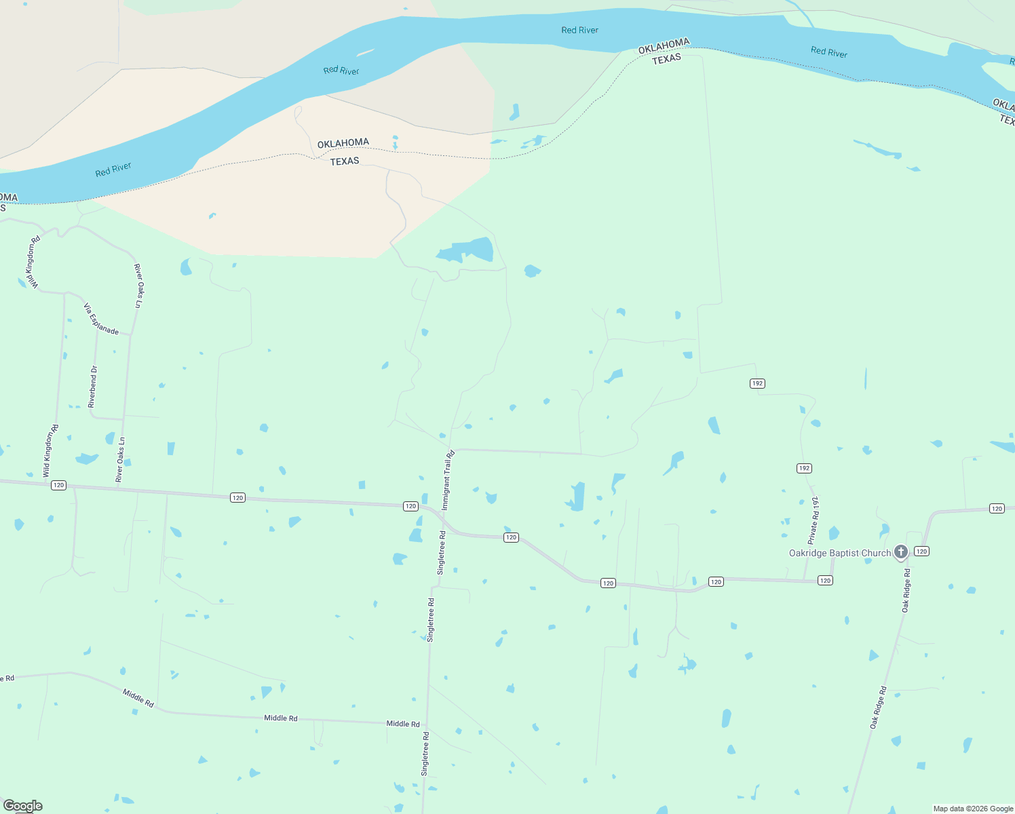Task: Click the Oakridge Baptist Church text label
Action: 839,554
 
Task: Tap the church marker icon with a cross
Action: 900,551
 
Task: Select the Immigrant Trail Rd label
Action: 448,480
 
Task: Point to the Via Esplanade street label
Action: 101,319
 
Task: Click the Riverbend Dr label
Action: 93,387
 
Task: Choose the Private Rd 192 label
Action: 813,520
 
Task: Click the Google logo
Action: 22,806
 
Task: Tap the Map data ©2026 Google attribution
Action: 973,809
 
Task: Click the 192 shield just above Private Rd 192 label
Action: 804,469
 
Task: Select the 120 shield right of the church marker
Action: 921,551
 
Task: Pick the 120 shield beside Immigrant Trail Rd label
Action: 410,506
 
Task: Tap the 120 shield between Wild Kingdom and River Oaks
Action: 59,485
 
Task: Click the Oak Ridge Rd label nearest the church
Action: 906,591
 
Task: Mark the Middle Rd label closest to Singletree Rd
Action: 403,724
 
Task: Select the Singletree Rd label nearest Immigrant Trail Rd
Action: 442,553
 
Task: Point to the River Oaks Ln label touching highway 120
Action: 120,460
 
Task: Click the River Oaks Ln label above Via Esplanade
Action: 138,286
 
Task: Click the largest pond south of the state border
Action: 467,250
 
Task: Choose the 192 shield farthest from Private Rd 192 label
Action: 758,384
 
